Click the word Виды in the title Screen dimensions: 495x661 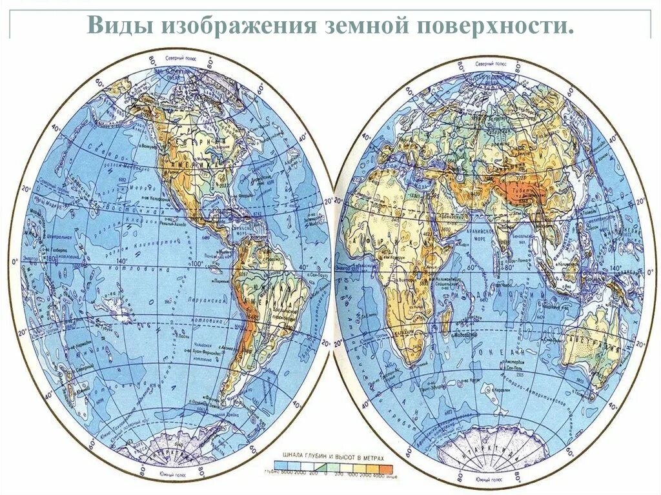point(117,26)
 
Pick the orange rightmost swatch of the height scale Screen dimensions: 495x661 point(386,465)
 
